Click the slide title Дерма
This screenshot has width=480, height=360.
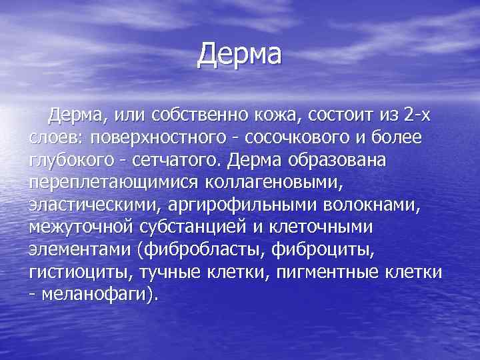click(x=240, y=55)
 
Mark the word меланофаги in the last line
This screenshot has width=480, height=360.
click(x=93, y=295)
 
